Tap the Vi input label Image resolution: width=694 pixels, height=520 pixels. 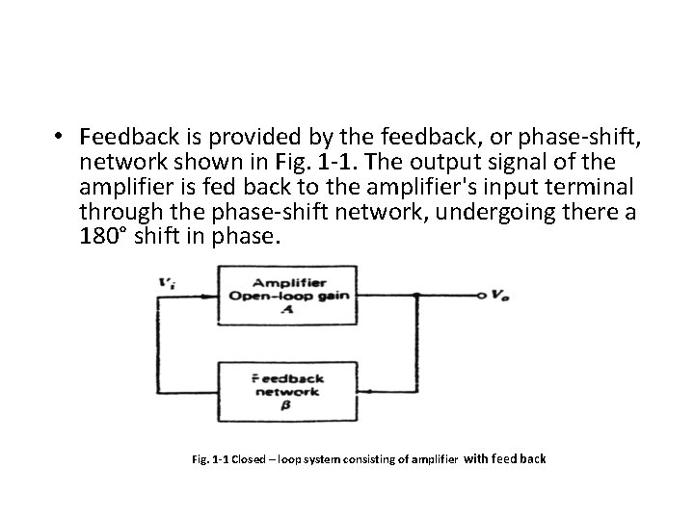168,282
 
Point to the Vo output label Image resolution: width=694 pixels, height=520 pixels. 497,297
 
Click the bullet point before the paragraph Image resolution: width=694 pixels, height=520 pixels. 60,136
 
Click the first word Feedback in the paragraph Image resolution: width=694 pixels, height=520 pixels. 125,136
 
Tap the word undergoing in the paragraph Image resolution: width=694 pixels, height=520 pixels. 477,210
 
